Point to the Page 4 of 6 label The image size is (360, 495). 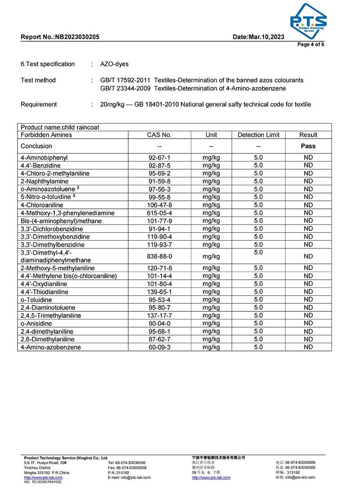[x=311, y=45]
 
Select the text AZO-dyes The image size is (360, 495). [x=114, y=64]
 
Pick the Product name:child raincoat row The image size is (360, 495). [x=60, y=127]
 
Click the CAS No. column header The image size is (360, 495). [x=159, y=135]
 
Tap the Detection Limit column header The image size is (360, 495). [x=258, y=135]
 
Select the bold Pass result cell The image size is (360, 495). [x=308, y=146]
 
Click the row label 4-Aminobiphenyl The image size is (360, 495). [x=44, y=158]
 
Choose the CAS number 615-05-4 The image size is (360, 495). [x=159, y=213]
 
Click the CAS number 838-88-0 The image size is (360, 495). [x=159, y=256]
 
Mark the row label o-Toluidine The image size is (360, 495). [x=36, y=300]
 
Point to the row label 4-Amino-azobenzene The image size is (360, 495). [x=50, y=347]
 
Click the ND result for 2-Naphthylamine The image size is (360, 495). [x=308, y=181]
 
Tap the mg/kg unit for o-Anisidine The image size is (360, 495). [x=211, y=324]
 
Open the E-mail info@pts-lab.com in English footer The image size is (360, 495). [x=129, y=477]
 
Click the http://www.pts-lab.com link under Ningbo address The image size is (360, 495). [x=43, y=477]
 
